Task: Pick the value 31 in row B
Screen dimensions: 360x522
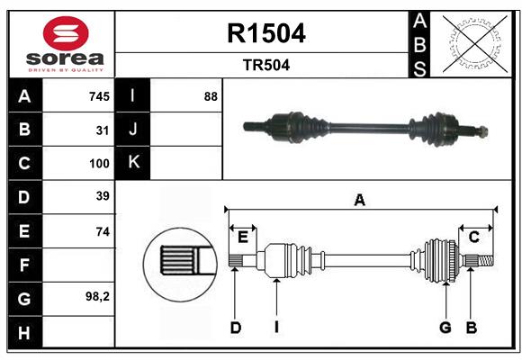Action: coord(103,130)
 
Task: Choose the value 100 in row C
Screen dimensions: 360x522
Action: coord(99,164)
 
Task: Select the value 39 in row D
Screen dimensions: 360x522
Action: coord(103,196)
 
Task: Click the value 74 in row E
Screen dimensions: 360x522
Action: coord(103,231)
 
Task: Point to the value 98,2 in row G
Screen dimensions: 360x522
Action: coord(97,296)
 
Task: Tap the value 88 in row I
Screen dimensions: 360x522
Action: coord(211,96)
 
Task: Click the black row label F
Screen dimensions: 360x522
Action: coord(24,265)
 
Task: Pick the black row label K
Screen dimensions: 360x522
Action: coord(133,163)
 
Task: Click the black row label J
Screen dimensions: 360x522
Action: coord(133,130)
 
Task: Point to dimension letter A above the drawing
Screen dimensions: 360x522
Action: coord(360,201)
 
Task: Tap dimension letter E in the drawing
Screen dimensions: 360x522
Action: coord(242,237)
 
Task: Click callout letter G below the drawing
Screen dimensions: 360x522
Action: coord(445,328)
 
